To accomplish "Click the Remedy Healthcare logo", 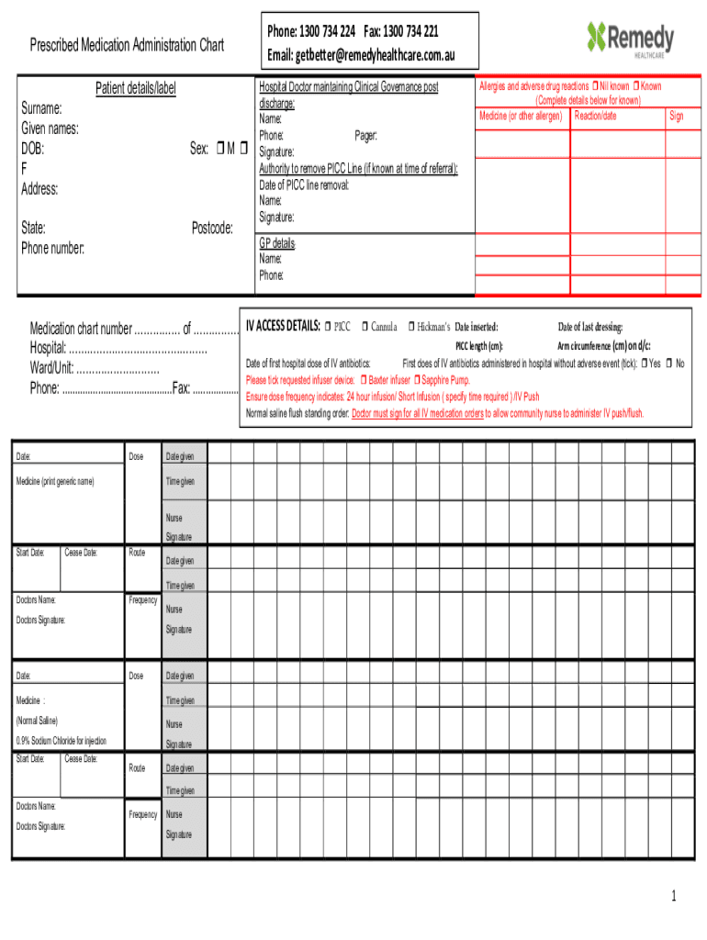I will pos(630,39).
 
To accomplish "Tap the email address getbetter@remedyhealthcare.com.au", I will pos(361,56).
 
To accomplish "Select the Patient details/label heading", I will pos(136,89).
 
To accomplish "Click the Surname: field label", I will pos(41,108).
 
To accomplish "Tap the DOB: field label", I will pos(33,149).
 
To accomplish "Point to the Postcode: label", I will pos(212,228).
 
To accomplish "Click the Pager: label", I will pos(365,136).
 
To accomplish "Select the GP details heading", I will pos(277,243).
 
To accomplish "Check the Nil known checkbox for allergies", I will pos(596,86).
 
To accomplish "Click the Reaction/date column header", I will pos(595,117).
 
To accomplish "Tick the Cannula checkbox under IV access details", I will pos(365,327).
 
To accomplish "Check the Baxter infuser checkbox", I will pos(364,380).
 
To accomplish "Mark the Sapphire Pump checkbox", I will pos(417,380).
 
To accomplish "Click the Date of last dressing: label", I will pos(590,328).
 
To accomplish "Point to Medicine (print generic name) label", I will pos(55,482).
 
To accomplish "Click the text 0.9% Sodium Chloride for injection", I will pos(62,741).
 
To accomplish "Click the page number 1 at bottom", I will pos(673,897).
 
